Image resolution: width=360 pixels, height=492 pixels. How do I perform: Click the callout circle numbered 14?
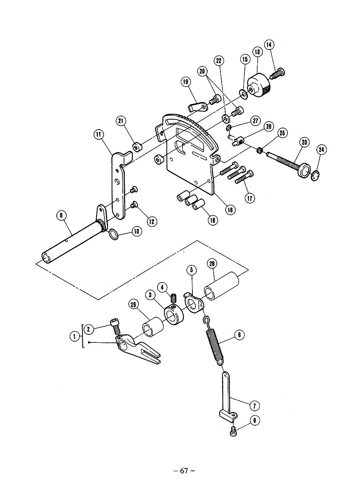click(x=269, y=45)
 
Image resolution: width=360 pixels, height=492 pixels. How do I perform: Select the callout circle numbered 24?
click(x=321, y=150)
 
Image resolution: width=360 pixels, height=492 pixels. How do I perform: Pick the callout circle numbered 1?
click(x=74, y=336)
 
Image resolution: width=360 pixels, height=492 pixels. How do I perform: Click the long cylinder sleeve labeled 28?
click(x=222, y=286)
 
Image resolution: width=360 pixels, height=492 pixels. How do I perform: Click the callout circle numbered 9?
click(x=61, y=216)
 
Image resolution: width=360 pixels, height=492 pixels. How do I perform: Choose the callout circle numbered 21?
click(x=121, y=121)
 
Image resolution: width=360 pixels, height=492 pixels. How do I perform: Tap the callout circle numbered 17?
click(x=250, y=198)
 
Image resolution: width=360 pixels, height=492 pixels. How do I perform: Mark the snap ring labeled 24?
click(x=315, y=176)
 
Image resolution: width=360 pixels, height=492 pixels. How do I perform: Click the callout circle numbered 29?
click(x=134, y=305)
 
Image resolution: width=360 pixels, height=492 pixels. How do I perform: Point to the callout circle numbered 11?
click(x=99, y=134)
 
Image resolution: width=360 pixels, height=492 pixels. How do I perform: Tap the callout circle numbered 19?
click(x=186, y=82)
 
